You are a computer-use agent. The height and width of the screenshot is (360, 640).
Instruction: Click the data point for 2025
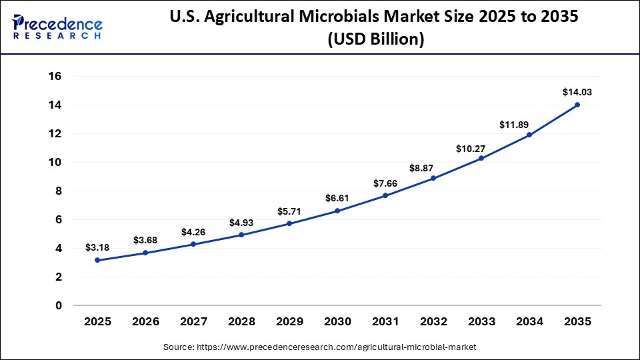97,260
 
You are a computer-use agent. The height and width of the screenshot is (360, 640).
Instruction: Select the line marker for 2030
337,211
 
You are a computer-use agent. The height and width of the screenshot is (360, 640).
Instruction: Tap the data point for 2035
577,105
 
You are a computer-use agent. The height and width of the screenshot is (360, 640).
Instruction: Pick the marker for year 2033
481,158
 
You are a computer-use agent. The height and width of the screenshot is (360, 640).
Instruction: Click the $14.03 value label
577,92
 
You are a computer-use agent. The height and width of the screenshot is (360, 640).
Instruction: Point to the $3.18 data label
97,247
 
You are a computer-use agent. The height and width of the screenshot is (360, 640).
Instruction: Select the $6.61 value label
337,198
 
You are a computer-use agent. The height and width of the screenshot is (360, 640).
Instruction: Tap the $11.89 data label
529,124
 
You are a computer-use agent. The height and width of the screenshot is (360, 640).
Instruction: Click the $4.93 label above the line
241,222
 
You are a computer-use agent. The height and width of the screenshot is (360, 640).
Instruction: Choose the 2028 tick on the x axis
241,321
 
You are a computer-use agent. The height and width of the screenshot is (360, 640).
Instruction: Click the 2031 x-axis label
385,321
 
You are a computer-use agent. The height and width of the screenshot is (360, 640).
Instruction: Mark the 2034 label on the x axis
529,321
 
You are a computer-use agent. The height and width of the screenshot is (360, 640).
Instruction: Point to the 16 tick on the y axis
55,77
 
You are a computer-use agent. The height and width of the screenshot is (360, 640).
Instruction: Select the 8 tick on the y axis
59,191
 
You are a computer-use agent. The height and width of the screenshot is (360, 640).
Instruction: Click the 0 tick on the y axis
59,306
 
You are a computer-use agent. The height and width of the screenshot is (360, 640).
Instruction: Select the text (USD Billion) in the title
375,40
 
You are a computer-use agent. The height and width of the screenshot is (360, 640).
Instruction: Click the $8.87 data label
433,165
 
